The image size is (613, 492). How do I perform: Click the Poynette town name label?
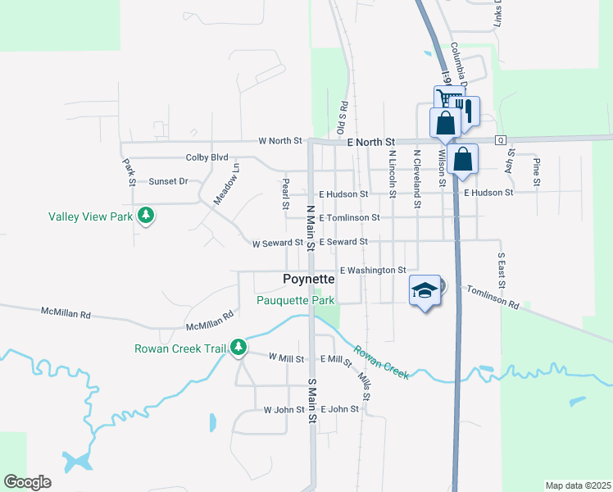[308, 279]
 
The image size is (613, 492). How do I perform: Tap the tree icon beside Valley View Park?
[146, 216]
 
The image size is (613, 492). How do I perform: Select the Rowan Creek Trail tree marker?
[238, 348]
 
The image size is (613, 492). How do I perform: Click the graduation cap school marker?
[425, 290]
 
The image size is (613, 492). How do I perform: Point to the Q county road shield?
[500, 140]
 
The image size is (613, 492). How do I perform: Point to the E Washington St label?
[373, 270]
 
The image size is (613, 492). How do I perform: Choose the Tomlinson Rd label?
[493, 298]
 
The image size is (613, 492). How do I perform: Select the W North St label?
[280, 141]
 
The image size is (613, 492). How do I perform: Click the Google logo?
[27, 482]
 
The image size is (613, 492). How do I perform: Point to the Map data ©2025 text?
[579, 485]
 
